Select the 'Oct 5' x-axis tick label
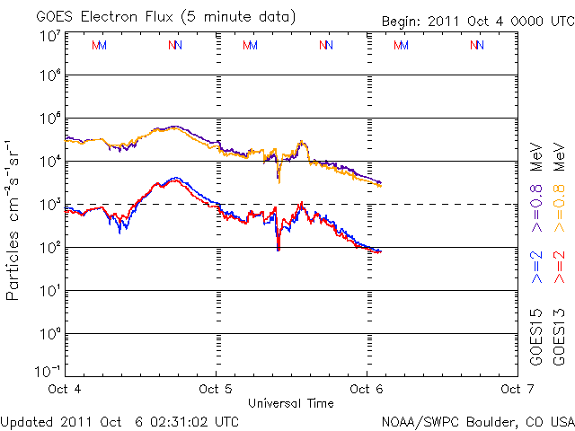point(217,388)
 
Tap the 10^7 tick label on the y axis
point(49,35)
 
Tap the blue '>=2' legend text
point(536,266)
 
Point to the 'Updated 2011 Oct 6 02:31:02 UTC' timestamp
point(119,420)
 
